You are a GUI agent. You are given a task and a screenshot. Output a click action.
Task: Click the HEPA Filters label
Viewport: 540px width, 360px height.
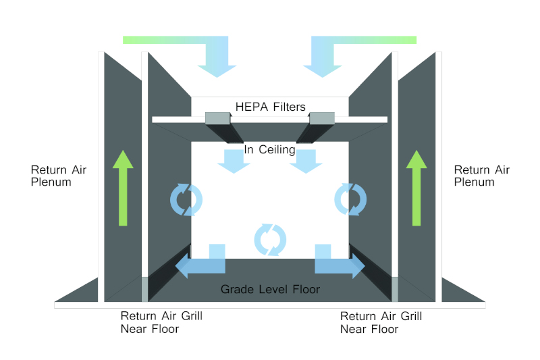coord(270,107)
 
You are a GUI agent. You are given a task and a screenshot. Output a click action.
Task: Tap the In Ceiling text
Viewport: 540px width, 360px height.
coord(270,149)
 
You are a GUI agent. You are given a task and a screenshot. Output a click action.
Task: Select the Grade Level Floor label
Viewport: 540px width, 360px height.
coord(270,290)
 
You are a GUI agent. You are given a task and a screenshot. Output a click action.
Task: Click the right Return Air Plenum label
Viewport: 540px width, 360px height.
coord(481,176)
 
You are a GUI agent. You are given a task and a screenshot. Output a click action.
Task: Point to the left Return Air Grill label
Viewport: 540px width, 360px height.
coord(161,322)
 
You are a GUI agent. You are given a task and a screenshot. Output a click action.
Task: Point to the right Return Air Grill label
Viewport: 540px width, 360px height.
coord(381,322)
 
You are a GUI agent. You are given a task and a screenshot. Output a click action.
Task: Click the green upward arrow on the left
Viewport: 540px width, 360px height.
coord(122,189)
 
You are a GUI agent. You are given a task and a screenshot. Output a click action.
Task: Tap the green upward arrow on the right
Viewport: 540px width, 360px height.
coord(416,189)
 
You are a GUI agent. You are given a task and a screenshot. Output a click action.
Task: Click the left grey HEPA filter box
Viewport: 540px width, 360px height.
coord(217,119)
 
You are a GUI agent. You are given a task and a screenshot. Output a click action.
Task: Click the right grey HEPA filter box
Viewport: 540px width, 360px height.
coord(322,119)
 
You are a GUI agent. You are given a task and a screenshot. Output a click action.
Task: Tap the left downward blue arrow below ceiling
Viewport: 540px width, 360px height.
coord(234,161)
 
